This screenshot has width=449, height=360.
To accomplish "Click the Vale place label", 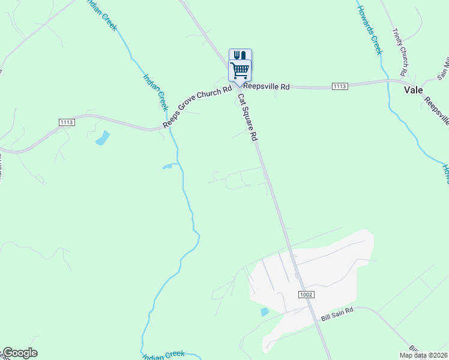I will click(x=413, y=90).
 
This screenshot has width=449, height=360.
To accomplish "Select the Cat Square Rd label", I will click(x=247, y=117).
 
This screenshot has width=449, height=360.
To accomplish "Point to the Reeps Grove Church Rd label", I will click(x=197, y=107).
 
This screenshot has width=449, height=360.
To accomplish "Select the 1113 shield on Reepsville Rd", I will click(x=339, y=86).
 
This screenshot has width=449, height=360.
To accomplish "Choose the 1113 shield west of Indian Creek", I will click(x=67, y=122).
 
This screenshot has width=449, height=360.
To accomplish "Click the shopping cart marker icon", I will click(x=240, y=71).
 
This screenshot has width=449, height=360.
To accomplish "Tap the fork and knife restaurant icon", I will click(x=240, y=55).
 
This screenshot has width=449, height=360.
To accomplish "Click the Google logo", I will click(x=20, y=353).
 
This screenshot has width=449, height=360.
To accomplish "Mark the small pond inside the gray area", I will click(x=265, y=311).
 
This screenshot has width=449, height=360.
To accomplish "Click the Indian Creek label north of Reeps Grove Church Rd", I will click(x=155, y=91).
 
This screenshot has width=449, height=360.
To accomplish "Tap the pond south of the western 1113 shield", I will click(x=103, y=138).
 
